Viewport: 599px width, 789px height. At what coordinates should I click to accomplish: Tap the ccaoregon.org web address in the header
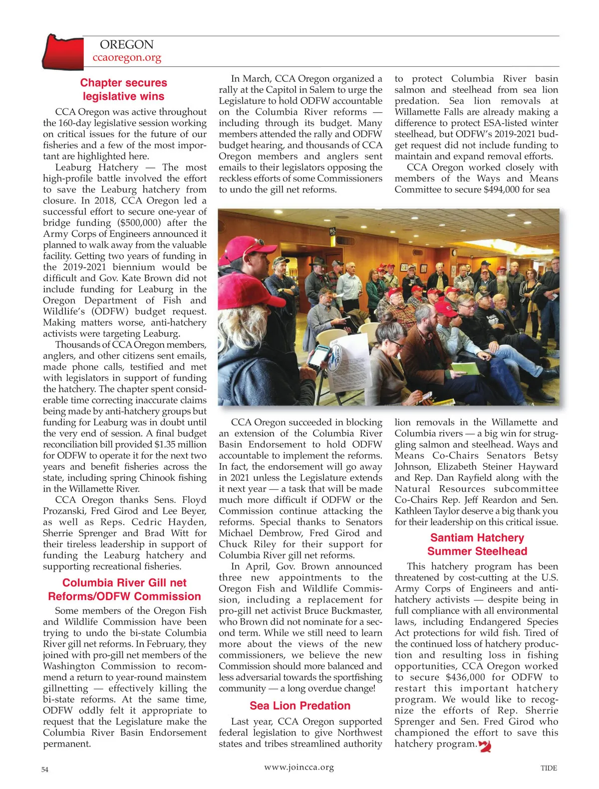click(127, 58)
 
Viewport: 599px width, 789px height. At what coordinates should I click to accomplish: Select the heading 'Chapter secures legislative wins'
click(124, 90)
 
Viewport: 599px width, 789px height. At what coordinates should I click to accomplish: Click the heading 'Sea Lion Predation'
click(300, 706)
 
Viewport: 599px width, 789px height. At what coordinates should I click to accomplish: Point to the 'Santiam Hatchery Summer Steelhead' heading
click(477, 545)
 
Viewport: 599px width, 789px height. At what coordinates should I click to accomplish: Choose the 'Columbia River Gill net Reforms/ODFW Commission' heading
click(124, 590)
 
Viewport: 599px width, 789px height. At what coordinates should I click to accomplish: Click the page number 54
click(45, 769)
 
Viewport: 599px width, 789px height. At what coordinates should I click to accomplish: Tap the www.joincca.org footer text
click(299, 768)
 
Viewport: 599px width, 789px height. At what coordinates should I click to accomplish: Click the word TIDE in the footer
click(549, 768)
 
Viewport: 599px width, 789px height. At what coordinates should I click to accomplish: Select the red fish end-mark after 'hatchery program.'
click(485, 746)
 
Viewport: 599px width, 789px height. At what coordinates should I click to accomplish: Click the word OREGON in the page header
click(127, 45)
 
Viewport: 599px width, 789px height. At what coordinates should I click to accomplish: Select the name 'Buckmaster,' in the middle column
click(356, 611)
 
